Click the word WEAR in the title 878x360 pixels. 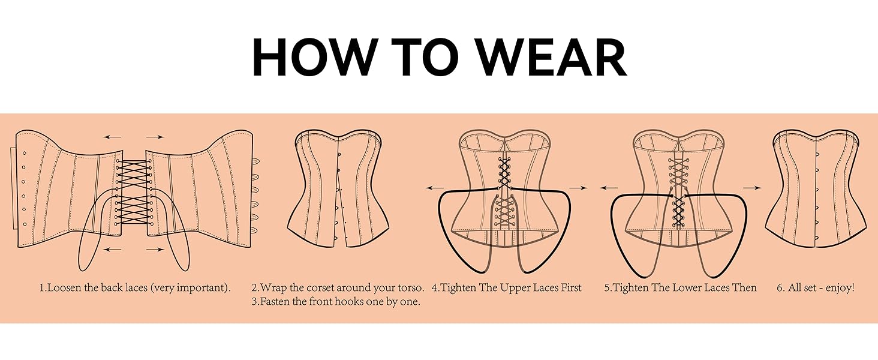tap(551, 57)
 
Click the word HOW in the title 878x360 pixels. tap(312, 57)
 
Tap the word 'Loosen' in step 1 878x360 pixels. tap(64, 288)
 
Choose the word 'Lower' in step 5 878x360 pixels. tap(687, 288)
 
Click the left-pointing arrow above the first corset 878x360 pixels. tap(113, 137)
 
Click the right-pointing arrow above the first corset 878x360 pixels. tap(155, 137)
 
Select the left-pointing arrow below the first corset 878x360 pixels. tap(113, 250)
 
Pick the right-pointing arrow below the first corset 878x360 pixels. tap(155, 250)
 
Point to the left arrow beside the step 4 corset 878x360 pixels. tap(435, 188)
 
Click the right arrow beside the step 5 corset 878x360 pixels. tap(753, 188)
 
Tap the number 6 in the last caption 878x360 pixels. tap(780, 288)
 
